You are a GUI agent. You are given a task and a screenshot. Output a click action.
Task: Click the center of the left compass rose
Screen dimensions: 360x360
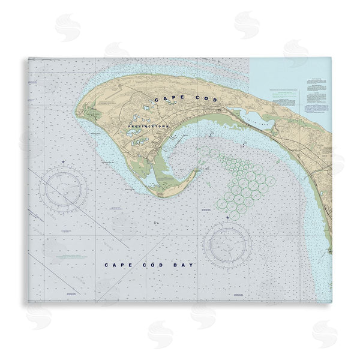pyautogui.click(x=64, y=190)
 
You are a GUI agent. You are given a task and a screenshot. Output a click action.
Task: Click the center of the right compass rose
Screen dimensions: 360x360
pyautogui.click(x=227, y=244)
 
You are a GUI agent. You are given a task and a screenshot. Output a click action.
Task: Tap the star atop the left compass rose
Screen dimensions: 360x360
pyautogui.click(x=64, y=163)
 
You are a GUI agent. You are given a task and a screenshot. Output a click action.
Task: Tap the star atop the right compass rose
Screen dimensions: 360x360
pyautogui.click(x=227, y=217)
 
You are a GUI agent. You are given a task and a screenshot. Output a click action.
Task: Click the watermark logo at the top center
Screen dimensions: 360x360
pyautogui.click(x=247, y=25)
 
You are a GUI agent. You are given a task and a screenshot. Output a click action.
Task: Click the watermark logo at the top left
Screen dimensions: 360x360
pyautogui.click(x=68, y=26)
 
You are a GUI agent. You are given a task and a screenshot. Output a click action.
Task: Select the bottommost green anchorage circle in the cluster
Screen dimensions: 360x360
pyautogui.click(x=233, y=214)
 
